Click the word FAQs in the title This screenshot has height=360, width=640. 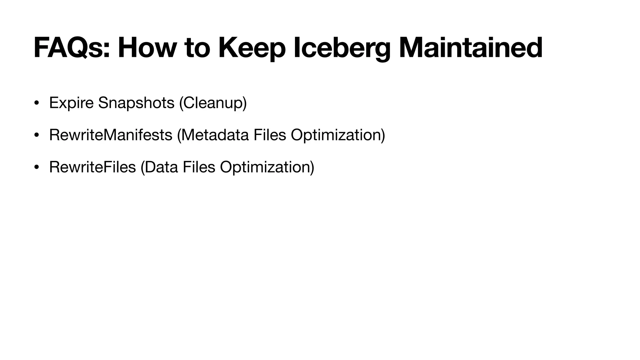point(72,48)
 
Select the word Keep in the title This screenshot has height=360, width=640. point(252,48)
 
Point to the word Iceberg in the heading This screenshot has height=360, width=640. point(342,48)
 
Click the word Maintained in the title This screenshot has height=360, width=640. point(471,48)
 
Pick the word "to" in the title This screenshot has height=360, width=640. point(197,48)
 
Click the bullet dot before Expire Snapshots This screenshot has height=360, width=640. point(37,103)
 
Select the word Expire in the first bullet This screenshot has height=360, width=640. point(71,103)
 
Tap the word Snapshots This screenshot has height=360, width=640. point(136,103)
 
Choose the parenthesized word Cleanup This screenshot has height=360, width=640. point(213,103)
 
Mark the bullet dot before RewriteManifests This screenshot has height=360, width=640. point(37,135)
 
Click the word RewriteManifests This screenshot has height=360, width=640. point(111,135)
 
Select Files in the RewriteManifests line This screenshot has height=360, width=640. point(270,135)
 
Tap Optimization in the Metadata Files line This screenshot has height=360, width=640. point(338,135)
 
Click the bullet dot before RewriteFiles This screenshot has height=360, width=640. point(37,167)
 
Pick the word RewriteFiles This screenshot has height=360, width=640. point(92,167)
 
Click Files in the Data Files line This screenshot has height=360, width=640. point(199,167)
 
